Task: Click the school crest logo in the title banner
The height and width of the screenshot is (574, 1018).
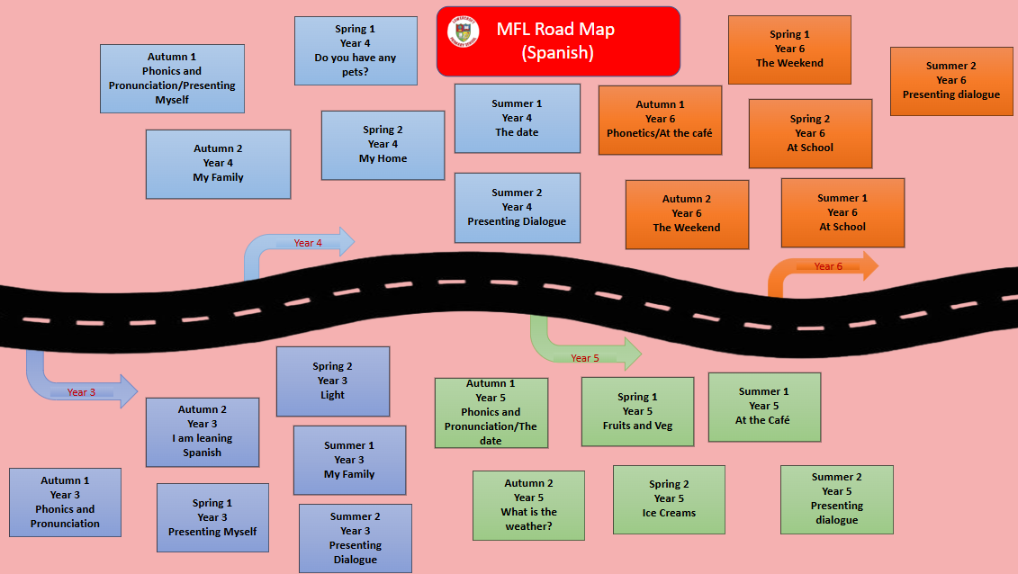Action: (463, 32)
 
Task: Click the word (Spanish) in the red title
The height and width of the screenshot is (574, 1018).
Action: (557, 52)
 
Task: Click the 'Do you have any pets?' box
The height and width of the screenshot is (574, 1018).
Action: (356, 50)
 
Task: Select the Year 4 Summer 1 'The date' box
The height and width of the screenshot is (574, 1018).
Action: (517, 118)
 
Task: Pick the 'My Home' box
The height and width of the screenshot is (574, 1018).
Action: (383, 145)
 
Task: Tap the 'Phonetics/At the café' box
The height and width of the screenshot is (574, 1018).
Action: (660, 120)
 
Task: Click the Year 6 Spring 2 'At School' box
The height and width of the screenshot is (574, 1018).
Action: (810, 133)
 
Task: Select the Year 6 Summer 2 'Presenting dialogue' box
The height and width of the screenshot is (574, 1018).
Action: (951, 81)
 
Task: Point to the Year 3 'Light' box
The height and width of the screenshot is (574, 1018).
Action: (332, 381)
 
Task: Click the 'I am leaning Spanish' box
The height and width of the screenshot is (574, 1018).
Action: (202, 432)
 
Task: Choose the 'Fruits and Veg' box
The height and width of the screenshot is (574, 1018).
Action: (637, 412)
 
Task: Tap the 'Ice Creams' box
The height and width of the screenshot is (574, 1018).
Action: (669, 499)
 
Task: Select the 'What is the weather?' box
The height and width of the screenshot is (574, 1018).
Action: (528, 505)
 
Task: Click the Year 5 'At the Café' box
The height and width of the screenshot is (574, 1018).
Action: (764, 407)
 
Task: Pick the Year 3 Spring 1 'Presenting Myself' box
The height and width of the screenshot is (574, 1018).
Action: (212, 518)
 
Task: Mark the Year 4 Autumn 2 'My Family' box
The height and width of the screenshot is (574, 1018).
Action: (218, 164)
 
